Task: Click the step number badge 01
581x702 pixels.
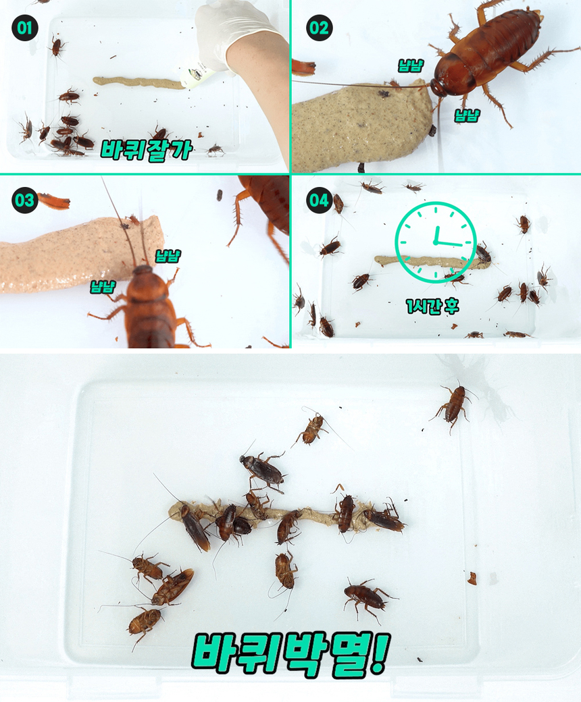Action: (24, 28)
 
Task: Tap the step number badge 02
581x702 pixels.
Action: (319, 28)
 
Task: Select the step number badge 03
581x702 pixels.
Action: (24, 200)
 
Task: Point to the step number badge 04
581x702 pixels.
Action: (319, 200)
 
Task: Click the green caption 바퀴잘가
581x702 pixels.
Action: (146, 150)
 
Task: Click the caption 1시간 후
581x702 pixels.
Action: (432, 306)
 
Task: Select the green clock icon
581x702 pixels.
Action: (435, 242)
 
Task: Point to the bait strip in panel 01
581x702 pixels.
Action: (139, 82)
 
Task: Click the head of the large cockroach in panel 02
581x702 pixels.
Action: (439, 87)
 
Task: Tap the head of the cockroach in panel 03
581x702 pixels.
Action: (143, 270)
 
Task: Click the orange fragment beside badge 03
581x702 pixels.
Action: (54, 201)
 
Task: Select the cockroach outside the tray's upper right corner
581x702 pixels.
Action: (455, 405)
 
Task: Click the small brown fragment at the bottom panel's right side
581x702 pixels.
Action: (472, 578)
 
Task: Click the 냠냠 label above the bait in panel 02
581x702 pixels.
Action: (410, 65)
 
